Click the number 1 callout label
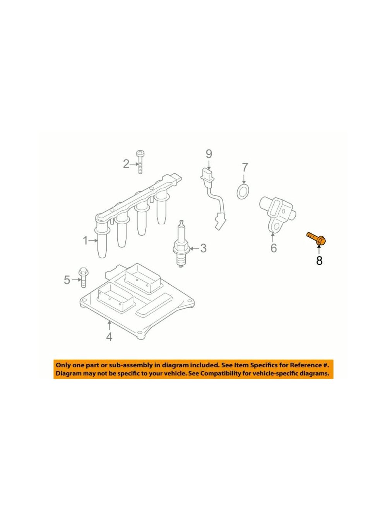(x=86, y=240)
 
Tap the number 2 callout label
(x=126, y=164)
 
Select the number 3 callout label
(x=203, y=249)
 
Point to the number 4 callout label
(x=109, y=337)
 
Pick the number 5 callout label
(x=67, y=280)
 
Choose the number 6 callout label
(x=274, y=248)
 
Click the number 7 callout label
(x=245, y=167)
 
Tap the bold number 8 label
(x=319, y=261)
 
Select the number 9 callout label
(x=209, y=154)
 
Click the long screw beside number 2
(x=140, y=162)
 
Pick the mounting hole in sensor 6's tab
(x=276, y=226)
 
